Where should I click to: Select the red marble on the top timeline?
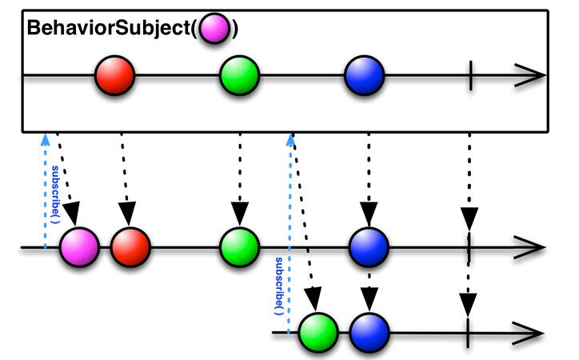114,76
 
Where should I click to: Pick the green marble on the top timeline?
240,76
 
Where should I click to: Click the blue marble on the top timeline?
365,76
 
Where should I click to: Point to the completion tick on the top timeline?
470,76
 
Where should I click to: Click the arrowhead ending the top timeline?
533,76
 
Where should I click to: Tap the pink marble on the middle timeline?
78,247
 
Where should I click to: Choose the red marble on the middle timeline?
130,247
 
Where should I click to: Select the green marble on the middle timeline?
240,247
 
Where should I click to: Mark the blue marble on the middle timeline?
369,247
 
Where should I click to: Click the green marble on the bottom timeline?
319,333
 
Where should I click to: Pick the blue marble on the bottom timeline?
369,333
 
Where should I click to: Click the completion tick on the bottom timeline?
467,333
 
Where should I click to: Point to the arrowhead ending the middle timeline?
533,247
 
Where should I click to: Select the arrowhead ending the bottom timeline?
533,333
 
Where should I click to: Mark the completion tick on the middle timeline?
469,247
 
